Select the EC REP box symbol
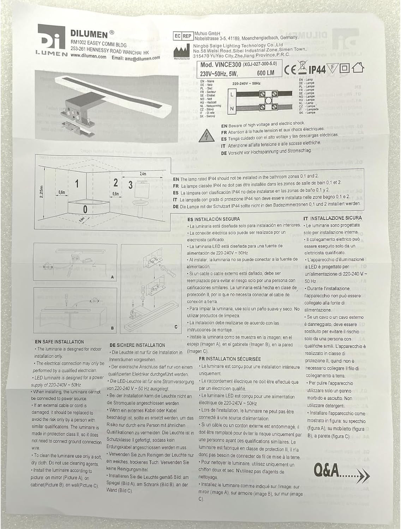coord(182,36)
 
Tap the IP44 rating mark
coord(317,69)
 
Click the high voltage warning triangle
coord(206,137)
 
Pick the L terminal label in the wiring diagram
coord(232,95)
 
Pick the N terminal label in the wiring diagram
coord(232,109)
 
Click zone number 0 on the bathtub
coord(85,209)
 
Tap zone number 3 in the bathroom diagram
coord(130,184)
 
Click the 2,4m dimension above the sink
coord(143,174)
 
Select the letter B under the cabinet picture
coord(112,328)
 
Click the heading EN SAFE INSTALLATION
coord(59,342)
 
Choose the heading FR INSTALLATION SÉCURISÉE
coord(230,359)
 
